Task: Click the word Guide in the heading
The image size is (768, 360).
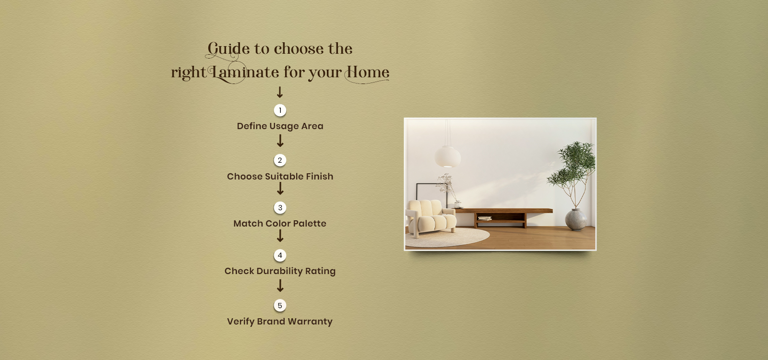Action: [x=228, y=49]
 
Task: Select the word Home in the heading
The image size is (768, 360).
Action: [x=367, y=73]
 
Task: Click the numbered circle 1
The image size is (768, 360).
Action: [x=280, y=110]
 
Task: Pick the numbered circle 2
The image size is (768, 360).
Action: [x=280, y=160]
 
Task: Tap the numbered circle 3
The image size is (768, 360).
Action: [x=280, y=207]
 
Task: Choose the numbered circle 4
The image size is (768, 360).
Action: [x=280, y=255]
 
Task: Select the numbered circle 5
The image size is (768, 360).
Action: [x=280, y=305]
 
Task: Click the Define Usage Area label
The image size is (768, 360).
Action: [x=280, y=126]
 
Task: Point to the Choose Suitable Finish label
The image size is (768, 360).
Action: [x=280, y=176]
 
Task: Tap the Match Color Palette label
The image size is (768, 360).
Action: [x=280, y=224]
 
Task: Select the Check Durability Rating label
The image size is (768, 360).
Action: [x=280, y=271]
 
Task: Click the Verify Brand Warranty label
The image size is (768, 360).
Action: [x=280, y=322]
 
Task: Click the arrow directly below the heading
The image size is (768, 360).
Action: [x=280, y=92]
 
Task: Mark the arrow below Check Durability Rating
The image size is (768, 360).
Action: [x=280, y=286]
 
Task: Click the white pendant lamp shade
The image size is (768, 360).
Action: [x=448, y=156]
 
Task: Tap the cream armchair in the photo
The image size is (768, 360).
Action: [x=431, y=218]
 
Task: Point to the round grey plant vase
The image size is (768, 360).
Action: [x=576, y=219]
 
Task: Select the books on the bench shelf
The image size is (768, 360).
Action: [x=485, y=218]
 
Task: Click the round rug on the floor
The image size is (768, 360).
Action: [x=447, y=237]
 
